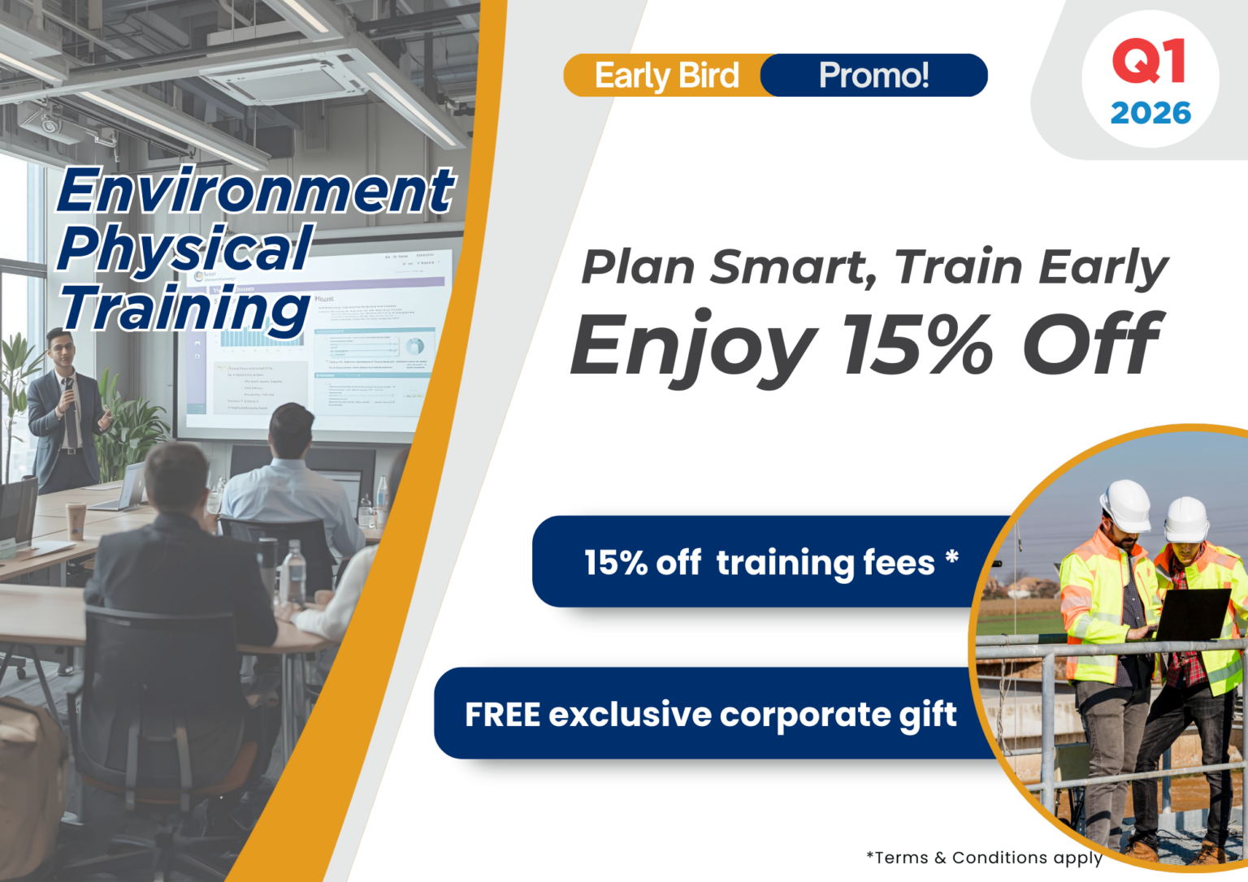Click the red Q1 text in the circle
[x=1149, y=62]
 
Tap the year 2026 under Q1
[x=1150, y=113]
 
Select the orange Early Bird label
[x=666, y=76]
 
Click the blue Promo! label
[x=873, y=76]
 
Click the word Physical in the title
[x=185, y=249]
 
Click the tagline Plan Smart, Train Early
[x=874, y=267]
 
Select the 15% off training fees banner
[x=770, y=562]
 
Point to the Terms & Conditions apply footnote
[x=984, y=858]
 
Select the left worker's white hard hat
[x=1126, y=504]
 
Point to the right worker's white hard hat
[x=1187, y=519]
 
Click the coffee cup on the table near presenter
[x=76, y=521]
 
